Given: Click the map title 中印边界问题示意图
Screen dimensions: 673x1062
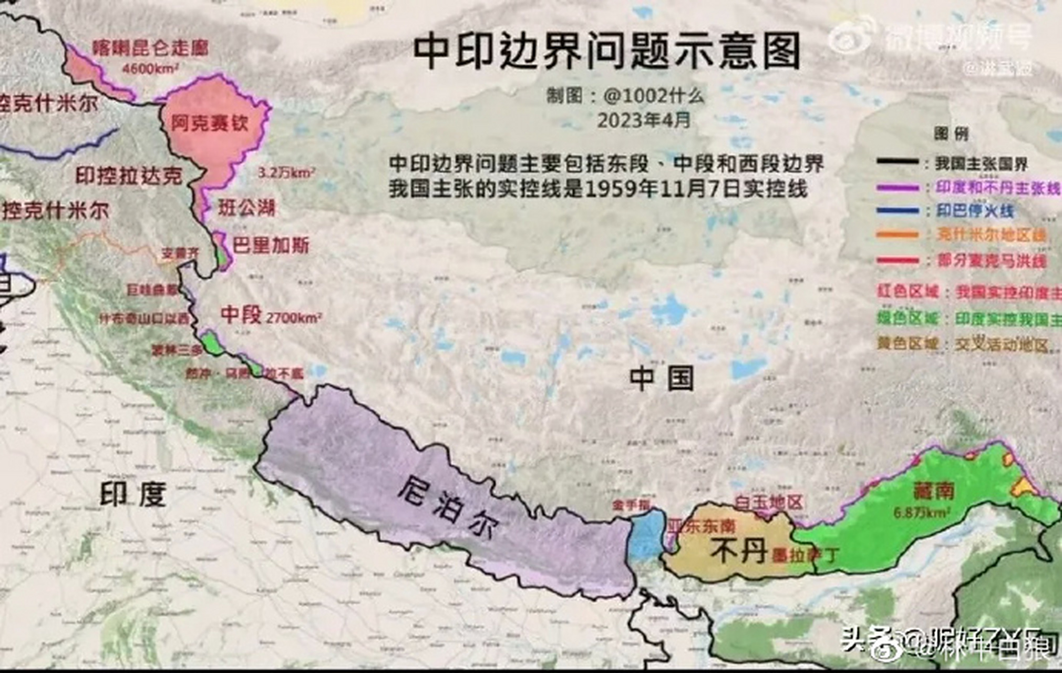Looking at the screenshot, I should (606, 51).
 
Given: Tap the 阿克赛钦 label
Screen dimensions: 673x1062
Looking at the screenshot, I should (210, 123).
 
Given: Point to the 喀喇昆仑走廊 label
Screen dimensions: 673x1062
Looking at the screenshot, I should (150, 48).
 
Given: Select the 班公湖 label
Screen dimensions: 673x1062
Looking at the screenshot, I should (246, 208).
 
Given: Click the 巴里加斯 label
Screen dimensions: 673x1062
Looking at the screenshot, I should (271, 245).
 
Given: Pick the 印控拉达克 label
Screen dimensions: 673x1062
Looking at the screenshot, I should (129, 176).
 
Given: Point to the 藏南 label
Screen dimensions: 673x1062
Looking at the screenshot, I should (933, 491).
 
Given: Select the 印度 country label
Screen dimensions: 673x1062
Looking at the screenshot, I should (133, 494).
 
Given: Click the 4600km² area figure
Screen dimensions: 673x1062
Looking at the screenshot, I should (150, 68).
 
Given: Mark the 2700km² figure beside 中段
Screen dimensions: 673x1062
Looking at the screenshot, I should (294, 318).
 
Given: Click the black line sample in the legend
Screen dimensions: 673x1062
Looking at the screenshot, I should (898, 162).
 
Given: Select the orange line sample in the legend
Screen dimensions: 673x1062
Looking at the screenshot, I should (898, 235).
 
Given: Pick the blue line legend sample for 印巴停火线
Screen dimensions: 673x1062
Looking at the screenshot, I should (898, 211).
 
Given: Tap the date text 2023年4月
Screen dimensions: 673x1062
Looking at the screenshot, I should (644, 120).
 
